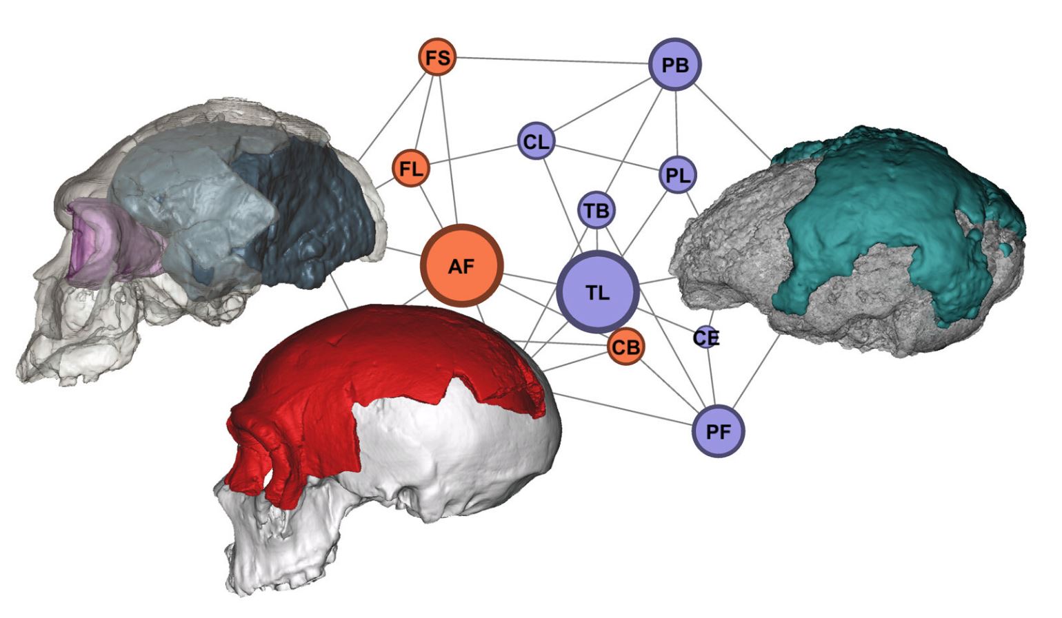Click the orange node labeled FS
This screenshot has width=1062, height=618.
click(x=437, y=57)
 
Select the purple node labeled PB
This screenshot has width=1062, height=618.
click(x=675, y=64)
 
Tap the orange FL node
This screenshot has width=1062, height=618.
click(x=410, y=168)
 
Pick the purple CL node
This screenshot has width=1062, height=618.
click(x=536, y=141)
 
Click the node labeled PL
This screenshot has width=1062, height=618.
click(x=678, y=175)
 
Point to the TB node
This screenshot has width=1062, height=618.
click(x=597, y=210)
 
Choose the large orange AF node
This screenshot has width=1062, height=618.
click(x=461, y=266)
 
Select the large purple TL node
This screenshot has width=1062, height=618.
click(x=597, y=292)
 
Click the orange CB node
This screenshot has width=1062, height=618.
click(x=626, y=347)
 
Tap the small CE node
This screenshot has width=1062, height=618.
click(x=707, y=337)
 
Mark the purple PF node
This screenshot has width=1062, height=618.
click(x=719, y=431)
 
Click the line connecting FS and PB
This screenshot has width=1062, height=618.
click(x=552, y=60)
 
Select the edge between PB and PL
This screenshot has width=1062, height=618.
click(x=677, y=123)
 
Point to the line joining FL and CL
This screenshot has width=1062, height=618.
click(x=473, y=154)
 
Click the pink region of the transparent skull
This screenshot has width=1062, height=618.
click(x=112, y=244)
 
